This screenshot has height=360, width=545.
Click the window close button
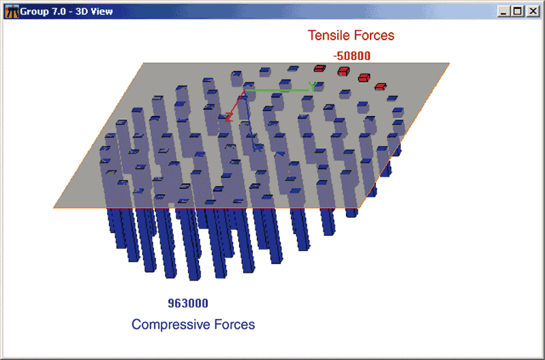pyautogui.click(x=533, y=12)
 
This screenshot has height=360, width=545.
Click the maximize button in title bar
pyautogui.click(x=518, y=12)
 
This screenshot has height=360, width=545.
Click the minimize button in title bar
pyautogui.click(x=504, y=12)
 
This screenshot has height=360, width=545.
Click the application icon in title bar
pyautogui.click(x=12, y=12)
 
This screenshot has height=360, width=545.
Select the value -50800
pyautogui.click(x=352, y=56)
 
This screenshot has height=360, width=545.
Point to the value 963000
pyautogui.click(x=188, y=303)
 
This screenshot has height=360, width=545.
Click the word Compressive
pyautogui.click(x=171, y=325)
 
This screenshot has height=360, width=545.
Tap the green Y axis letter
pyautogui.click(x=313, y=86)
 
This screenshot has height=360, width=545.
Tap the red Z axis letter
pyautogui.click(x=229, y=117)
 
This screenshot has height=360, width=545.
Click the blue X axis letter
pyautogui.click(x=258, y=147)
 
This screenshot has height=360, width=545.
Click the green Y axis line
pyautogui.click(x=277, y=91)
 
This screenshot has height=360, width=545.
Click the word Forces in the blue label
pyautogui.click(x=234, y=325)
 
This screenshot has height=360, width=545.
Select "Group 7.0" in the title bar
pyautogui.click(x=43, y=12)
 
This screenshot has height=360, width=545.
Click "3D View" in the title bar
pyautogui.click(x=94, y=12)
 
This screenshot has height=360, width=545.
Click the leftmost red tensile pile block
pyautogui.click(x=320, y=68)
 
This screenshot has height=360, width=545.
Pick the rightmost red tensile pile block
pyautogui.click(x=380, y=87)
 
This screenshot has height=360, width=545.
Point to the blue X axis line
pyautogui.click(x=250, y=117)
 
